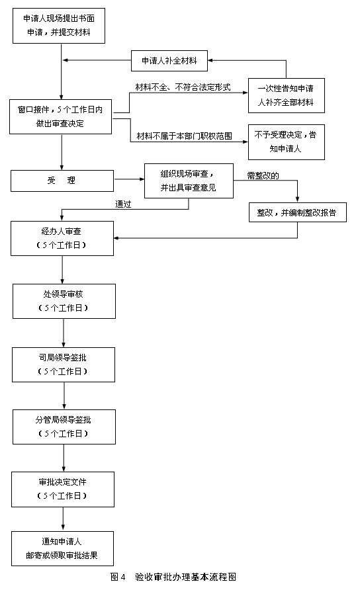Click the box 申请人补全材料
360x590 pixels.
tap(169, 61)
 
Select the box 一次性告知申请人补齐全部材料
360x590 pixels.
tap(286, 95)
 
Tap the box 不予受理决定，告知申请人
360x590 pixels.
tap(286, 142)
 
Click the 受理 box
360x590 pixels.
tap(62, 181)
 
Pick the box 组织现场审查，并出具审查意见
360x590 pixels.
tap(189, 181)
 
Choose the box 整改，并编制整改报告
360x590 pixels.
tap(298, 212)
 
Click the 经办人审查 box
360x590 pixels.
tap(62, 239)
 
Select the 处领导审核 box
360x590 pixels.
tap(64, 302)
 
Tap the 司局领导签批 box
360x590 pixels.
tap(64, 364)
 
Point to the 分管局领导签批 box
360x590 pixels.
tap(64, 427)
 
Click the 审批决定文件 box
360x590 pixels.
tap(63, 489)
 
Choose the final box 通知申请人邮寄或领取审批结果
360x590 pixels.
tap(62, 548)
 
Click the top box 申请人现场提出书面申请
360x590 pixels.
tap(59, 26)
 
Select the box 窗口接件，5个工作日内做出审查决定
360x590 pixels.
tap(61, 116)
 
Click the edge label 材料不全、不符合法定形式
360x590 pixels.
tap(183, 87)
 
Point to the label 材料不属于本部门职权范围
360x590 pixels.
tap(185, 136)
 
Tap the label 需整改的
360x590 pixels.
tap(263, 175)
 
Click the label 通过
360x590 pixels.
tap(123, 204)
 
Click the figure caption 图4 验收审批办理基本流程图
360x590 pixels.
tap(173, 577)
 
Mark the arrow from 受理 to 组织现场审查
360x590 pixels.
tap(129, 179)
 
